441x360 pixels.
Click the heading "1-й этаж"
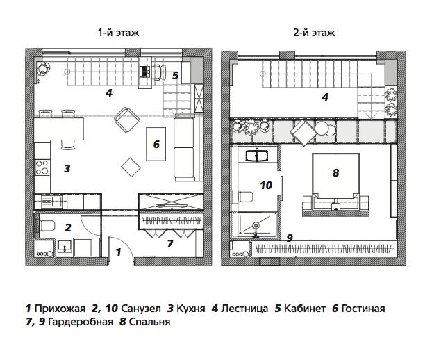[118, 33]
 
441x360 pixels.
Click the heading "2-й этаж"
[314, 33]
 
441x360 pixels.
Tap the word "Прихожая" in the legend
[60, 309]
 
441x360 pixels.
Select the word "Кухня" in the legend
[191, 309]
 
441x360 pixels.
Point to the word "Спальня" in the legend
[149, 322]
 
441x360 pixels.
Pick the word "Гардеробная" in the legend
[81, 322]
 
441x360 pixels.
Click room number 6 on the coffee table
[156, 144]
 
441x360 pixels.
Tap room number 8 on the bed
[335, 172]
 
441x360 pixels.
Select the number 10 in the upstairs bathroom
[266, 185]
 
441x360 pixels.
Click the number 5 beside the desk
[175, 76]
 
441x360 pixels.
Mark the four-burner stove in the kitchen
[42, 167]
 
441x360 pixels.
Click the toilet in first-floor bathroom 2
[47, 226]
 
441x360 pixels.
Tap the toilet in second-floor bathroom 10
[245, 196]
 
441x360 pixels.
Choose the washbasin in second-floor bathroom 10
[257, 156]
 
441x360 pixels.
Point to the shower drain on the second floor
[256, 225]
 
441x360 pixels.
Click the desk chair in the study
[158, 72]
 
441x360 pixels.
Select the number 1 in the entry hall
[118, 252]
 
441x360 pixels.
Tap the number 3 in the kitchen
[67, 169]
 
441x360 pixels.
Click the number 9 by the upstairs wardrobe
[290, 238]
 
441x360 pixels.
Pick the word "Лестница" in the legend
[244, 309]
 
